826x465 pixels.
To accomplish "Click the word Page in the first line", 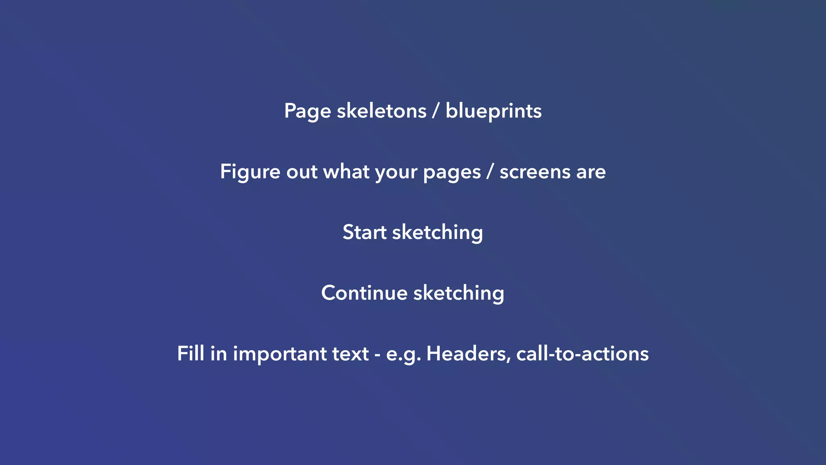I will click(307, 111).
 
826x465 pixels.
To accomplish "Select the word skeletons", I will click(382, 111).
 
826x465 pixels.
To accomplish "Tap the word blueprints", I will click(493, 111).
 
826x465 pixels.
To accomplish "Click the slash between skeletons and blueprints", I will click(436, 111).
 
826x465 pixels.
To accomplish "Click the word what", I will click(346, 172).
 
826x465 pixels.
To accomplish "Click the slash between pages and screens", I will click(490, 172).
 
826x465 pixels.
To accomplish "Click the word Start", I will click(364, 232).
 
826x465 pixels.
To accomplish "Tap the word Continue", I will click(364, 293).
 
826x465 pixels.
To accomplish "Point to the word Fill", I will click(190, 354).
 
